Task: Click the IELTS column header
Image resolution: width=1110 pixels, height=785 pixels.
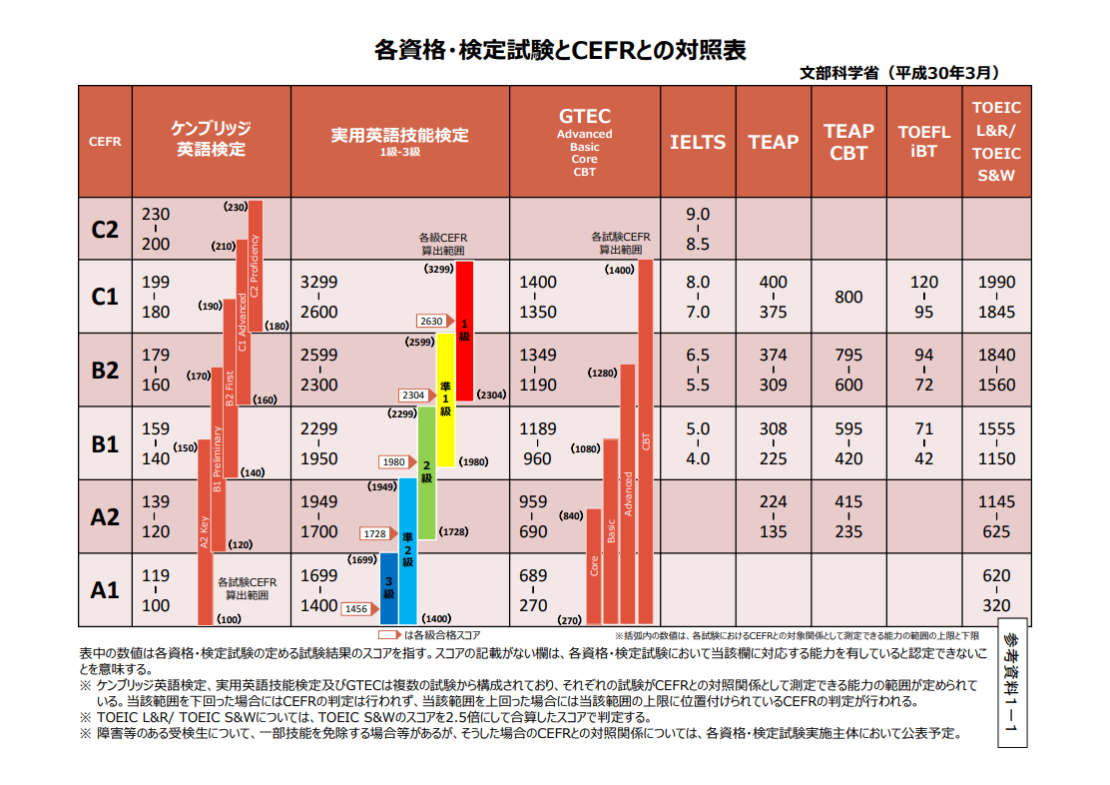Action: tap(698, 142)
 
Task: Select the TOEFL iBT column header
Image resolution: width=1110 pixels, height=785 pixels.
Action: tap(923, 142)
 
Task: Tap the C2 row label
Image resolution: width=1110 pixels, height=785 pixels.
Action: tap(105, 229)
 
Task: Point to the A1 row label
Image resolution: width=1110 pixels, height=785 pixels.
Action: tap(105, 590)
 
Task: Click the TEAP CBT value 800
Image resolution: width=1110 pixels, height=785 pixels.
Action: tap(848, 297)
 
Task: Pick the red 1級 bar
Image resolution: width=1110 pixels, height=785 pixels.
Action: tap(464, 331)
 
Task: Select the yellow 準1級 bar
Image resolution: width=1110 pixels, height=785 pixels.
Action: tap(445, 399)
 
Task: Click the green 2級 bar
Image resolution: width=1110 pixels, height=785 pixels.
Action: tap(426, 472)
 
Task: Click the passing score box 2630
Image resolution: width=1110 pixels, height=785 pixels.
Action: tap(432, 321)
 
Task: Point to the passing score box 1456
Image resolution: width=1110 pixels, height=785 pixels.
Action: tap(356, 608)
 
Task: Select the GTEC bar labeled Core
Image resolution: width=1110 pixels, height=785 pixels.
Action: tap(594, 565)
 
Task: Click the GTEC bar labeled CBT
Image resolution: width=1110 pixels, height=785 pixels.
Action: tap(646, 439)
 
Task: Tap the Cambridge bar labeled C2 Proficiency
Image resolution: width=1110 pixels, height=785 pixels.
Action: tap(256, 266)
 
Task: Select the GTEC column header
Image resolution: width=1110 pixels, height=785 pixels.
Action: tap(585, 142)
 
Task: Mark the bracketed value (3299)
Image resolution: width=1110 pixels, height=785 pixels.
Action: tap(438, 270)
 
